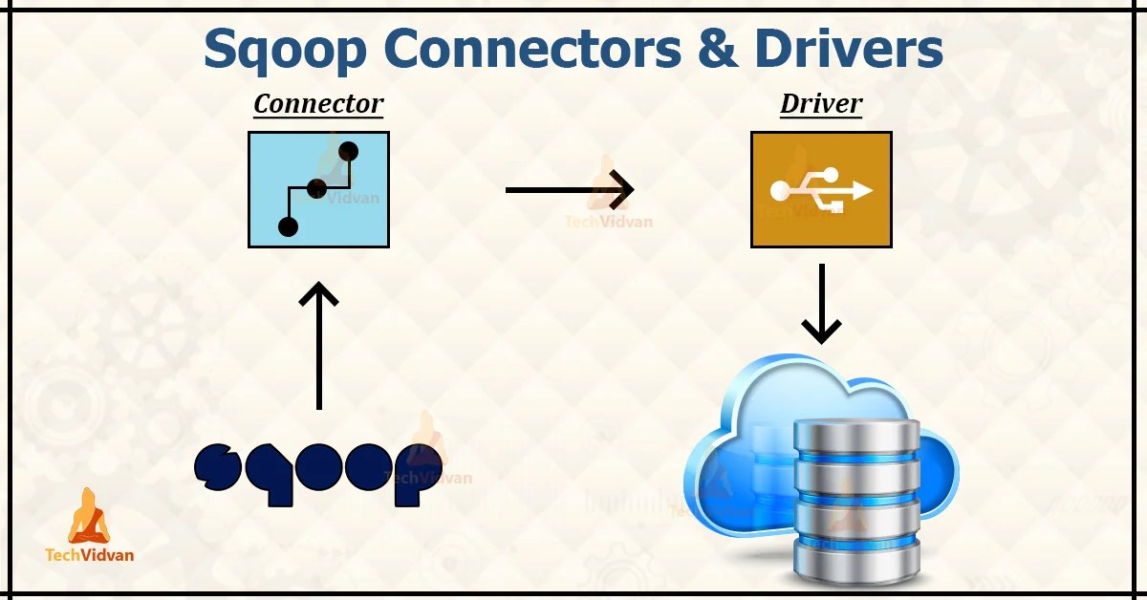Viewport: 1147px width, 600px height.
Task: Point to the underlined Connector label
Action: pos(318,104)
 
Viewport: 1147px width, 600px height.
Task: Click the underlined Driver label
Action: pos(821,104)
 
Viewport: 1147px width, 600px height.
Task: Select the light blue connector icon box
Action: pos(318,189)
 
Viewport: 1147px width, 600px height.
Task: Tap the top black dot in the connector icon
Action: pos(348,151)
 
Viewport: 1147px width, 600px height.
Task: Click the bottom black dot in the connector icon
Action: pos(288,226)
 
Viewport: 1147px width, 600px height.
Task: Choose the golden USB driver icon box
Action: pos(821,189)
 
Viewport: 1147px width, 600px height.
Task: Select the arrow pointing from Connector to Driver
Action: pos(570,189)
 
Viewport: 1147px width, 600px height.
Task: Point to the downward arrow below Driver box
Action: pos(821,304)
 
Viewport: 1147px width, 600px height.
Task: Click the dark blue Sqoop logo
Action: pos(317,471)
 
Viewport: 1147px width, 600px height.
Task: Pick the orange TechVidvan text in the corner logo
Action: pos(90,554)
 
